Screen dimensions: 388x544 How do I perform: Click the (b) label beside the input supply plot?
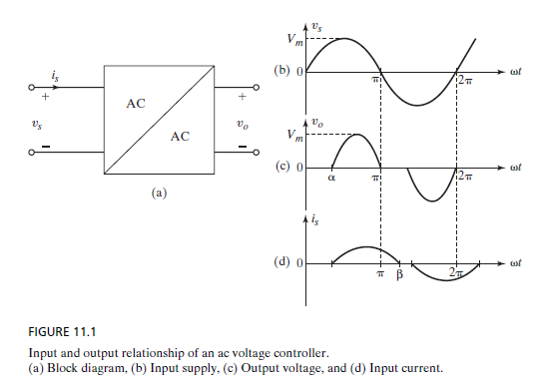pos(282,70)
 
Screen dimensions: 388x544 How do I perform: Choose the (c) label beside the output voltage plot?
pos(282,166)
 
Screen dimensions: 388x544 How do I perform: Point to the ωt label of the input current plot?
pos(516,263)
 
